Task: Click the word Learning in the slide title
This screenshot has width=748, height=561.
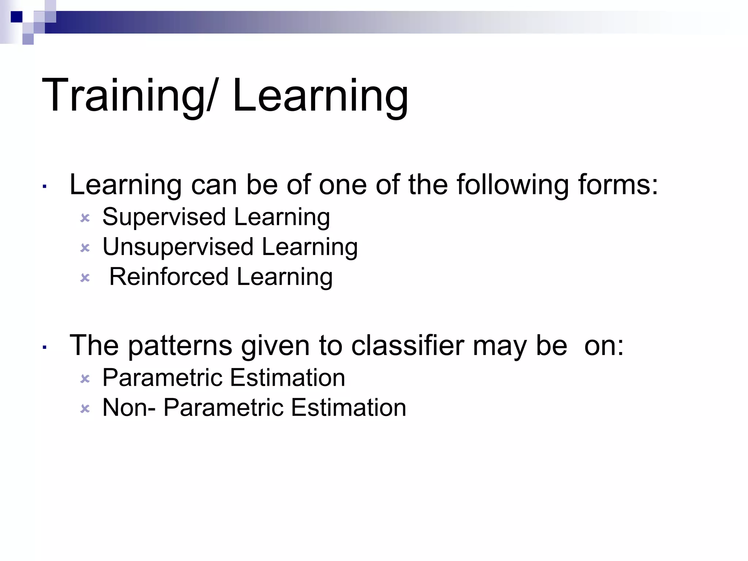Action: (x=320, y=96)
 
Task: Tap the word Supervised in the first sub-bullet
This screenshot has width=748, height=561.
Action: (x=164, y=217)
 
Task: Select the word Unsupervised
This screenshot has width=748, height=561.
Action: (x=178, y=247)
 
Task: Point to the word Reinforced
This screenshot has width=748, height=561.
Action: (x=169, y=276)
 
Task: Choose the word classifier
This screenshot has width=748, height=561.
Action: (x=408, y=345)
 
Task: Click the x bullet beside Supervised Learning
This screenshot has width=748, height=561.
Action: (x=85, y=218)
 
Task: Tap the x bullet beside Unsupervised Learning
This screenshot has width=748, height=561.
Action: (x=85, y=248)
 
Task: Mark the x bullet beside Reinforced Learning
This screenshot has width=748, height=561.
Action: (x=85, y=278)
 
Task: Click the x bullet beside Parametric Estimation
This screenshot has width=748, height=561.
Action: (x=85, y=379)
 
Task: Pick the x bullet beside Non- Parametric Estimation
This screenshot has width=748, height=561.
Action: (x=85, y=409)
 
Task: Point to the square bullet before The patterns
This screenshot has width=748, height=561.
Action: (x=44, y=347)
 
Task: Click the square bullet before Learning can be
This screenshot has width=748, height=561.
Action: (x=44, y=187)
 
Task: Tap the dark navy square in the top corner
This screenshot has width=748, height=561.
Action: (x=16, y=17)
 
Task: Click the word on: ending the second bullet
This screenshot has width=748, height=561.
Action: (x=604, y=345)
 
